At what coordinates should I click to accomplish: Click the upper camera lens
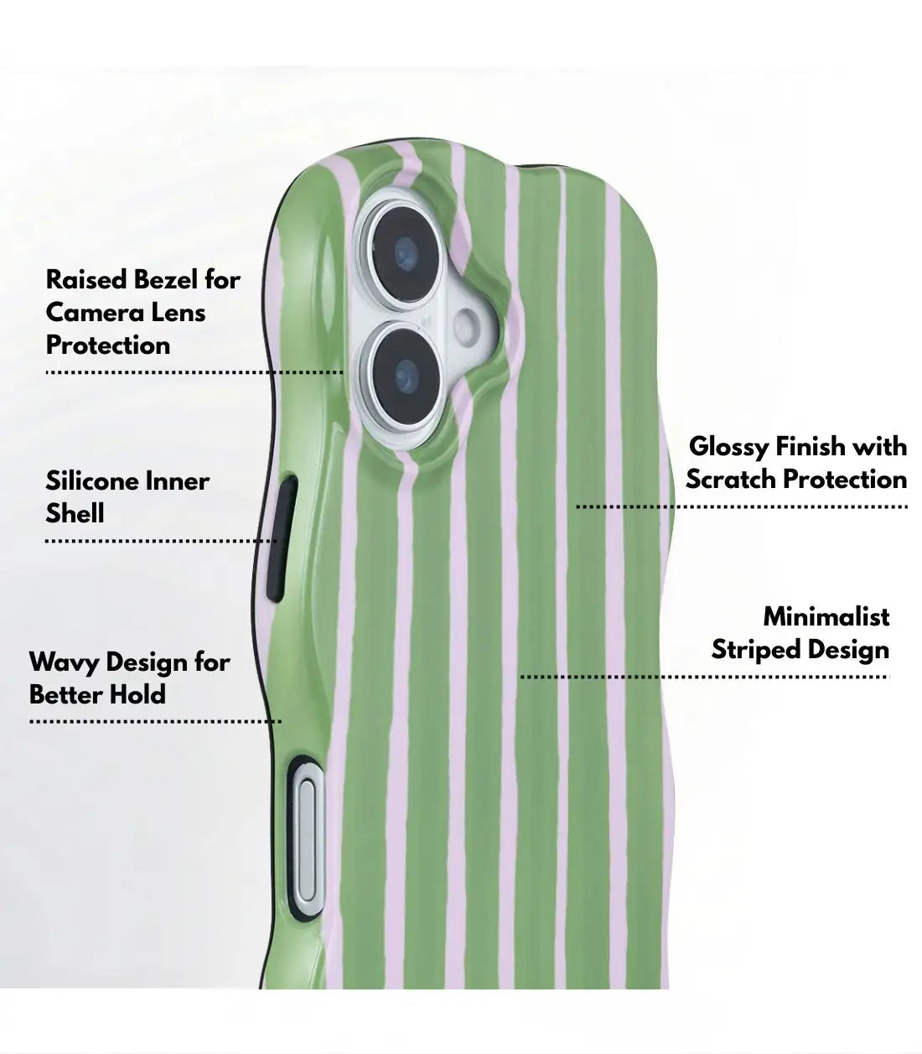pyautogui.click(x=405, y=255)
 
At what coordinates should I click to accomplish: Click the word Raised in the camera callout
pyautogui.click(x=86, y=280)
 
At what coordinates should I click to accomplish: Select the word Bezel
pyautogui.click(x=165, y=280)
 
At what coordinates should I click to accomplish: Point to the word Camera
pyautogui.click(x=91, y=313)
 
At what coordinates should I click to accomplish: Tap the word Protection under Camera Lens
pyautogui.click(x=108, y=345)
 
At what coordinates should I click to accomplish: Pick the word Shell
pyautogui.click(x=75, y=514)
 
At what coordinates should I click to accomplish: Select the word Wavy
pyautogui.click(x=65, y=662)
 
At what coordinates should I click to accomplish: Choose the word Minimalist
pyautogui.click(x=826, y=616)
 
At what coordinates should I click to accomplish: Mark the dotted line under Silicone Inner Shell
pyautogui.click(x=161, y=541)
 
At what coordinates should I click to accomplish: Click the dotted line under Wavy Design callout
pyautogui.click(x=155, y=722)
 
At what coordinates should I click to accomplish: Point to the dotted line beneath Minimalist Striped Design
pyautogui.click(x=705, y=677)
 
